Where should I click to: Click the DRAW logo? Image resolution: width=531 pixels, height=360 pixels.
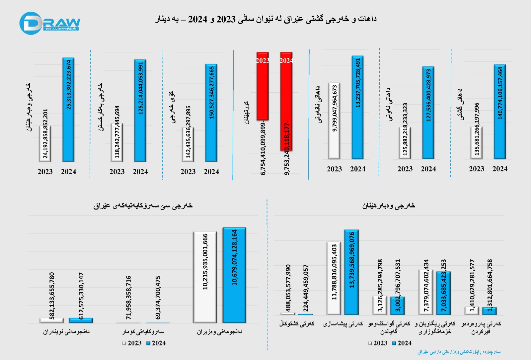pos(50,23)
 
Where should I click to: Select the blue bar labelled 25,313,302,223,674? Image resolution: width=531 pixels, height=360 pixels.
pos(68,110)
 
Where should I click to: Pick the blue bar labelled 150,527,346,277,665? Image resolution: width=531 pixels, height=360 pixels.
pos(211,113)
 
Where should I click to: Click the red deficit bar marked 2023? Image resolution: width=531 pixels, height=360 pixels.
pos(263,86)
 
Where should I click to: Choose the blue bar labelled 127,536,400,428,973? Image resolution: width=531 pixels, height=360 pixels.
pos(428,113)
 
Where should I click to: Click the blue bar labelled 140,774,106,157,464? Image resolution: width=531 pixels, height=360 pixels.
pos(500,112)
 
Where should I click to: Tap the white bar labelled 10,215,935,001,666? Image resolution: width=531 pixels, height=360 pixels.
pos(205,277)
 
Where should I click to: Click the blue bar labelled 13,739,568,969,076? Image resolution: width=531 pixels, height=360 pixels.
pos(351,272)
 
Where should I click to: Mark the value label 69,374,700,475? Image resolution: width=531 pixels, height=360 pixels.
pos(158,298)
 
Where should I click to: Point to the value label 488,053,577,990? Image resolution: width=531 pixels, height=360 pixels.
pos(288,288)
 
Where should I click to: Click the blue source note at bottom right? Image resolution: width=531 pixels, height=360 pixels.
pos(459,352)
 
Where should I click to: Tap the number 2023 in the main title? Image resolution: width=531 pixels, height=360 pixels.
pos(226,19)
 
